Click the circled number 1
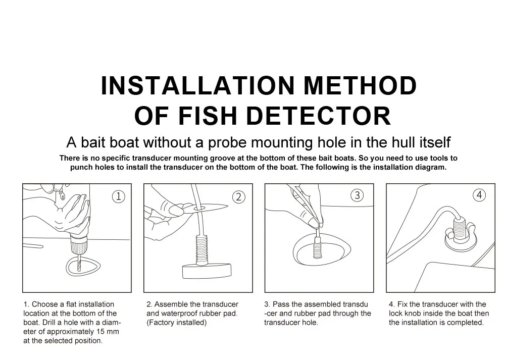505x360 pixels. [119, 196]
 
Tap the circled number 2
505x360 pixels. [239, 197]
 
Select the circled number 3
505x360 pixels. [357, 195]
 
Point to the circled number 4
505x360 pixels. [479, 195]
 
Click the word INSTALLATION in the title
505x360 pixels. [198, 86]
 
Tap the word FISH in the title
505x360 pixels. [208, 116]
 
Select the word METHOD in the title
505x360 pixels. [361, 86]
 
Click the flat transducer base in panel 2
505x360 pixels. [207, 271]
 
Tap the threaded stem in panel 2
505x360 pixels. [202, 250]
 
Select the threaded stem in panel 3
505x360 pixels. [318, 247]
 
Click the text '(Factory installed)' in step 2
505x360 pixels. [176, 323]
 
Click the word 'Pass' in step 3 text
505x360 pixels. [281, 304]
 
